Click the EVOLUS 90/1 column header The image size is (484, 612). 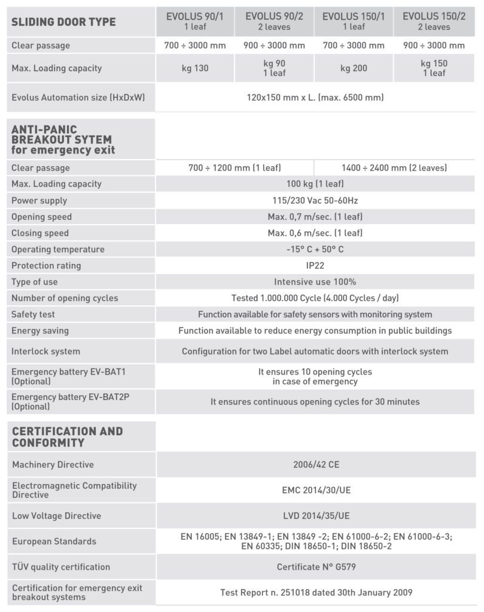194,22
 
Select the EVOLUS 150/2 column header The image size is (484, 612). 434,22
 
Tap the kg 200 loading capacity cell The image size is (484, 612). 353,68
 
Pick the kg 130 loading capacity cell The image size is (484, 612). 194,68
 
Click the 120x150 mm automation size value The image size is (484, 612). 315,97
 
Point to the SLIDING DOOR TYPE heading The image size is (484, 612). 64,22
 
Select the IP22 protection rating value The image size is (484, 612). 315,265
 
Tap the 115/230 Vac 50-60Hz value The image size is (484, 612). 315,200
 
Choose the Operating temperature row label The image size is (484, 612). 58,249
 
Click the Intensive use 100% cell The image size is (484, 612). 315,281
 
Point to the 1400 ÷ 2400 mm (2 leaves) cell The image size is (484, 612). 394,168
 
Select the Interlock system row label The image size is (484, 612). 45,351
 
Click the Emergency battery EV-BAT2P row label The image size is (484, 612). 71,402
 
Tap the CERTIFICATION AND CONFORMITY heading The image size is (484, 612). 68,437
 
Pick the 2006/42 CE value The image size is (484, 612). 315,464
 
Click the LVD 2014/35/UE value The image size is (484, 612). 315,516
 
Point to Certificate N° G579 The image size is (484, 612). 315,567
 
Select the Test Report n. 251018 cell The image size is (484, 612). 315,592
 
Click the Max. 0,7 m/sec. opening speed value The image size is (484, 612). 315,216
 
